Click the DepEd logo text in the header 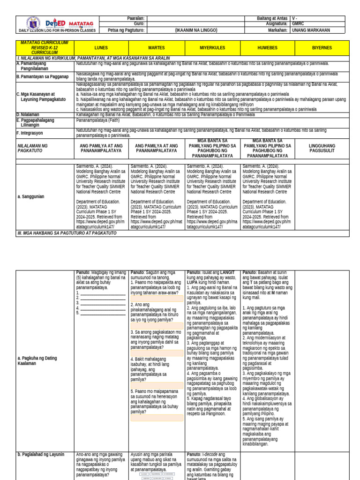tap(56, 23)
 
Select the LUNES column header tap(101, 48)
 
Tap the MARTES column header tap(157, 48)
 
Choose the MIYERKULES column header tap(212, 48)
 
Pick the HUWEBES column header tap(267, 48)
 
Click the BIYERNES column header tap(322, 48)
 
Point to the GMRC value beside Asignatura tap(298, 24)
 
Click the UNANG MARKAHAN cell tap(311, 30)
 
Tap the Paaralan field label tap(136, 18)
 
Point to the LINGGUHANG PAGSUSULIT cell tap(322, 149)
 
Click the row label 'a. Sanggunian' tap(31, 197)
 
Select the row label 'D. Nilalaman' tap(28, 114)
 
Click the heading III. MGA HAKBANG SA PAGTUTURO tap(66, 233)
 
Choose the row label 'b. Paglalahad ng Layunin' tap(41, 454)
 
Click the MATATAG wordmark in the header tap(81, 23)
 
